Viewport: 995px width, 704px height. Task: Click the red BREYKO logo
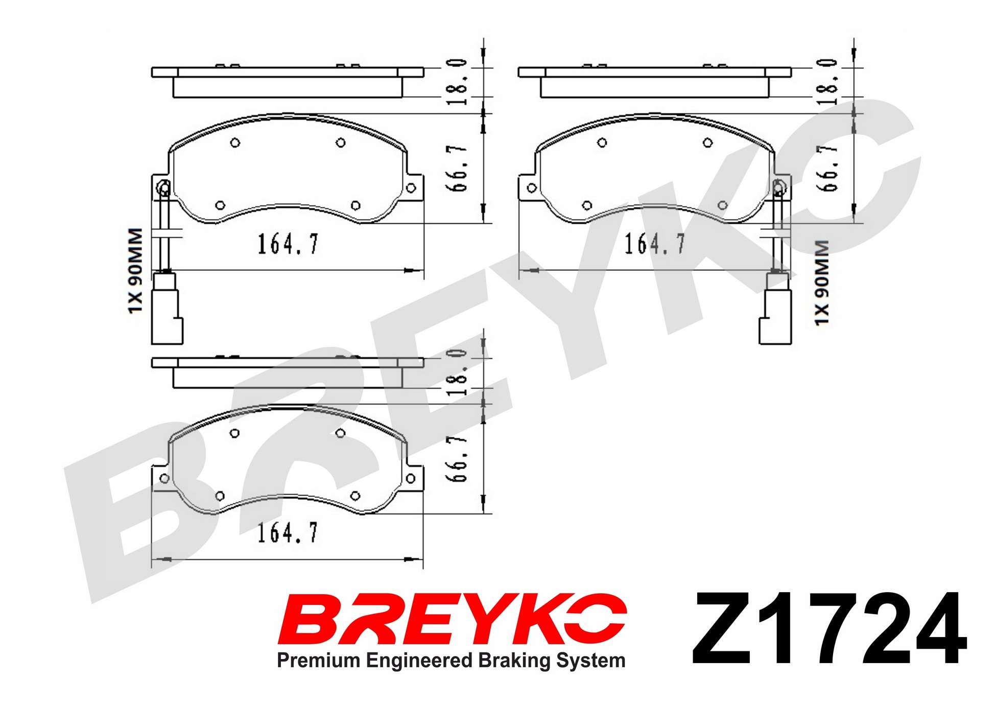coord(452,619)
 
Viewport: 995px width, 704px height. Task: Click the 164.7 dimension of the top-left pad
coord(288,244)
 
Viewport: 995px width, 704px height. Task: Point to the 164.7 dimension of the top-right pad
coord(655,244)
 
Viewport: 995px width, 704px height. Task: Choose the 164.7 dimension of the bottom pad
coord(288,533)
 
